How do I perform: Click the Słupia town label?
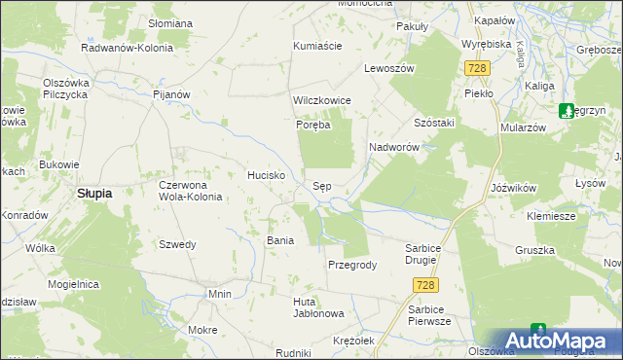[94, 193]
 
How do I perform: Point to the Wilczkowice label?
[321, 100]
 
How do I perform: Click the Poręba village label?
[313, 125]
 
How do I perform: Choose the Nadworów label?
[393, 146]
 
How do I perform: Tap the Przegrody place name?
[351, 265]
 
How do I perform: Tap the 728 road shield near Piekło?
[476, 68]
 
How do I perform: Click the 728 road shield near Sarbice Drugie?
[423, 284]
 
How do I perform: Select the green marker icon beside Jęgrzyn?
[568, 111]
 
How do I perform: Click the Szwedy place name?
[177, 244]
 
